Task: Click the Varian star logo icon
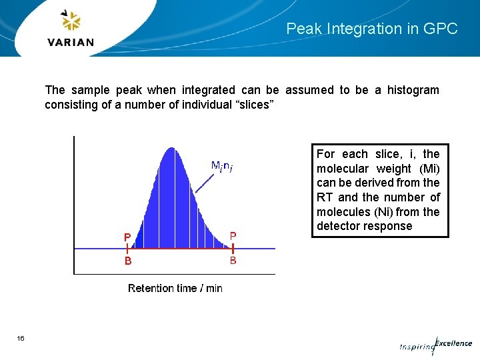pos(71,21)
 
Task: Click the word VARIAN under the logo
pos(71,42)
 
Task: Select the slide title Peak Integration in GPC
pos(372,29)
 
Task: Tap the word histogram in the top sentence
pos(413,90)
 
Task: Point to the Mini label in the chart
pos(221,166)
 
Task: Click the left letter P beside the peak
pos(127,237)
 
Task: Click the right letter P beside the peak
pos(233,235)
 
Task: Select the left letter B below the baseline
pos(128,261)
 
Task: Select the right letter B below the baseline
pos(233,261)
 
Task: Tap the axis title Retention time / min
pos(175,288)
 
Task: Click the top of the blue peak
pos(173,149)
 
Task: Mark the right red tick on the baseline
pos(233,249)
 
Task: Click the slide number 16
pos(21,339)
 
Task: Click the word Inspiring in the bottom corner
pos(416,347)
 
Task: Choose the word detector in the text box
pos(337,226)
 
